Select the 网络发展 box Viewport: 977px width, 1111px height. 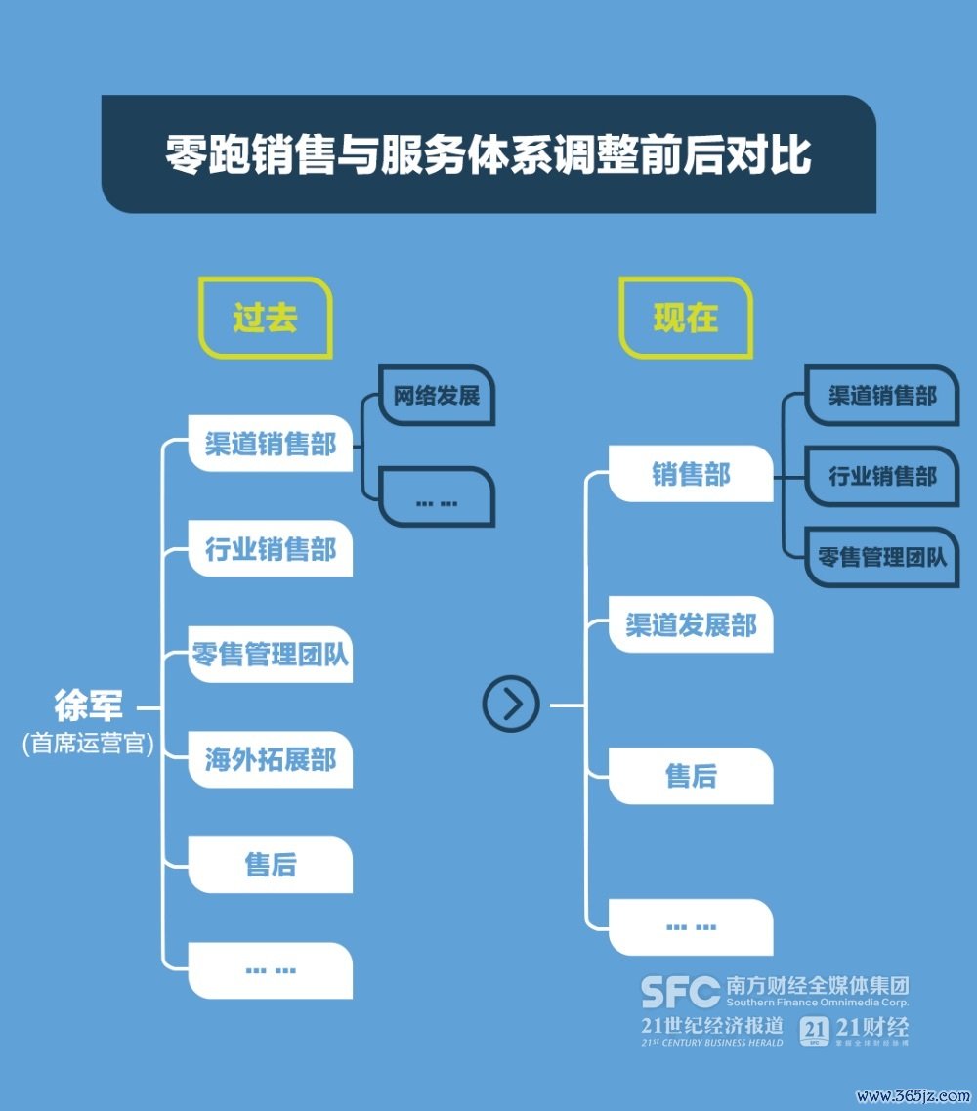[x=437, y=396]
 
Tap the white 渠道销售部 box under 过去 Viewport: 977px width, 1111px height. [x=270, y=444]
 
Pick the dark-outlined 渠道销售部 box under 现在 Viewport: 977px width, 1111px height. [x=882, y=396]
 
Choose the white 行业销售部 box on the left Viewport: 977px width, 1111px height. [x=270, y=549]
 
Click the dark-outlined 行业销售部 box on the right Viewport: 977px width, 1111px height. [x=882, y=476]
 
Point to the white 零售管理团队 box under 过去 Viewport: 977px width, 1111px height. [x=270, y=654]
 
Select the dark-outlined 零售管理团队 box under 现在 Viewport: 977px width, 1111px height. [x=882, y=557]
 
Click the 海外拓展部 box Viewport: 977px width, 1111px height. [x=270, y=759]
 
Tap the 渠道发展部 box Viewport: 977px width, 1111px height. [x=691, y=625]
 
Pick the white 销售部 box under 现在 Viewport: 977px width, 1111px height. [x=691, y=473]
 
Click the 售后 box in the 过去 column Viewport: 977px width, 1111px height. [x=270, y=865]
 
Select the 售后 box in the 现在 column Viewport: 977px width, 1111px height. [x=691, y=776]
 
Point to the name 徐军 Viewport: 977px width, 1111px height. [x=88, y=705]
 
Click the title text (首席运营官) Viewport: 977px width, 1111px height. [x=88, y=744]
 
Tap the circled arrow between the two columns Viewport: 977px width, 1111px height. [x=511, y=705]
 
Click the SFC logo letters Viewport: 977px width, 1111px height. [x=680, y=991]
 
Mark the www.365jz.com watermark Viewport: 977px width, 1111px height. [x=913, y=1095]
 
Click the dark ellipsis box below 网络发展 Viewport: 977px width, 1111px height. [x=437, y=496]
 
